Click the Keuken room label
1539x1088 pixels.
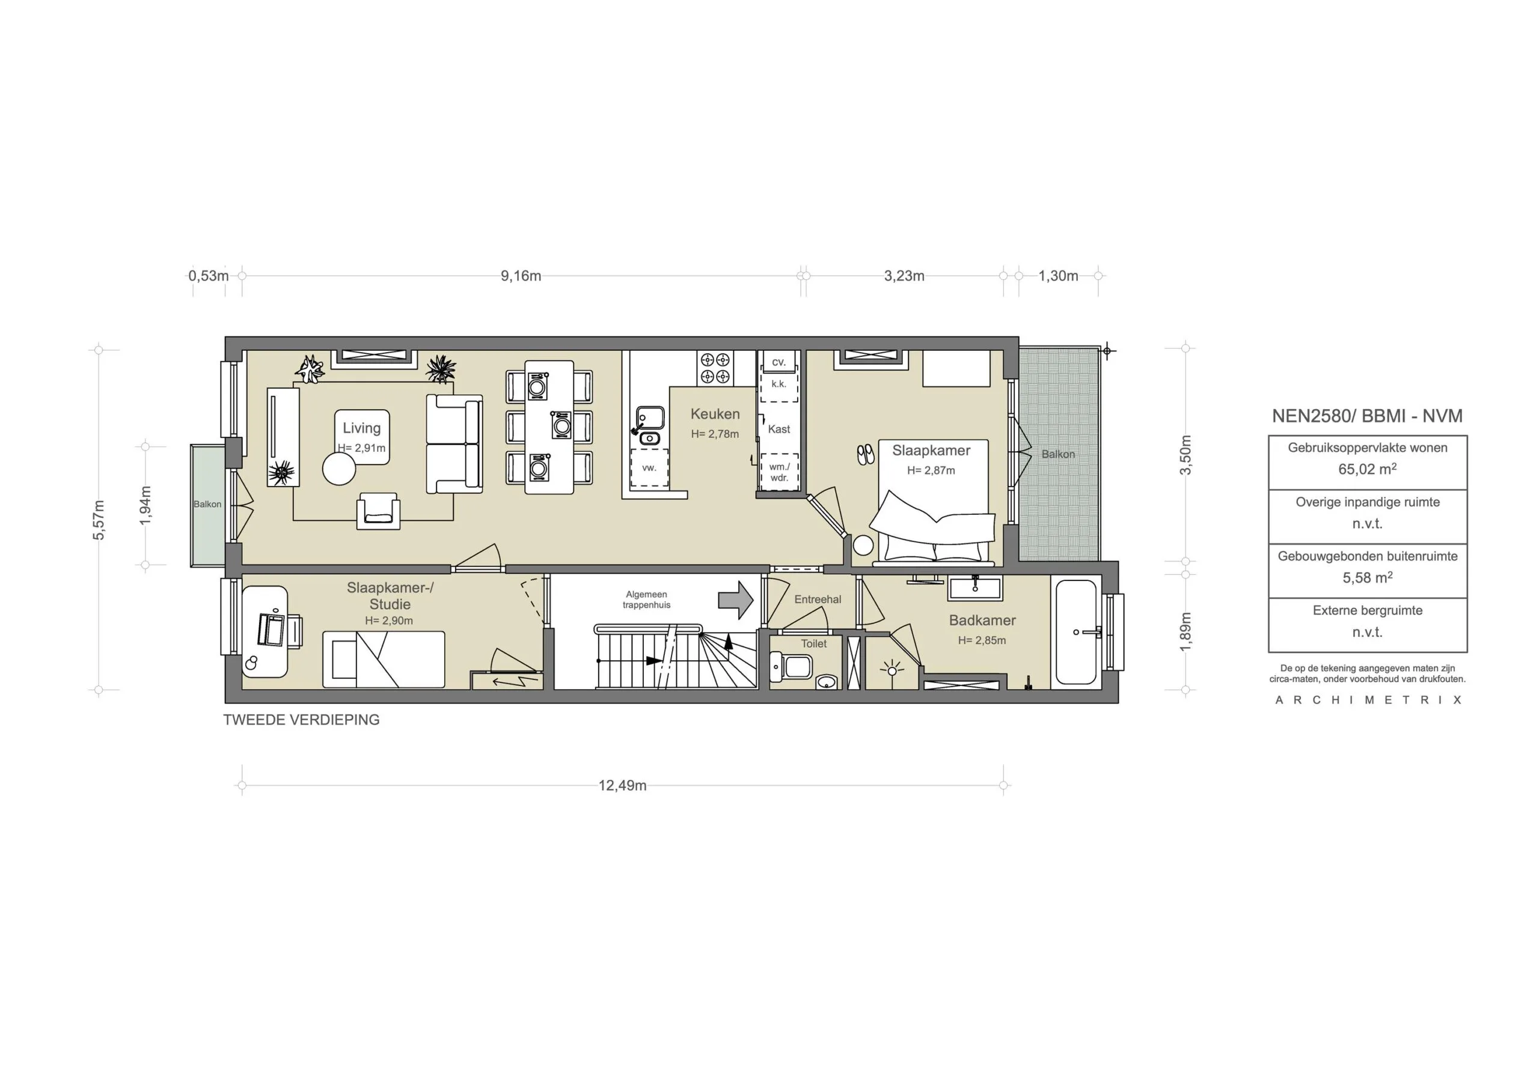715,414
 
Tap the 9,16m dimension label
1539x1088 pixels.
521,276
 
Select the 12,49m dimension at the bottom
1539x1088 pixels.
622,785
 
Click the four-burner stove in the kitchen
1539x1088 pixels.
715,368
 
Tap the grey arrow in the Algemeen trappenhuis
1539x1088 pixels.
736,600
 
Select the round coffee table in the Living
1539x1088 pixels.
338,469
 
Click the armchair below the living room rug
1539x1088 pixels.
379,511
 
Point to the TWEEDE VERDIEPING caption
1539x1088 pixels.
301,720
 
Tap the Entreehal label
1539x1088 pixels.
817,600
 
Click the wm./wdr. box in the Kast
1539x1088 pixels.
779,472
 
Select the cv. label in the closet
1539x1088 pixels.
778,362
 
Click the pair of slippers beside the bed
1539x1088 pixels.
865,455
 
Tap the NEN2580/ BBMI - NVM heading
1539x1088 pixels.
1366,416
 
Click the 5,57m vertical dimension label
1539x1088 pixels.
99,519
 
